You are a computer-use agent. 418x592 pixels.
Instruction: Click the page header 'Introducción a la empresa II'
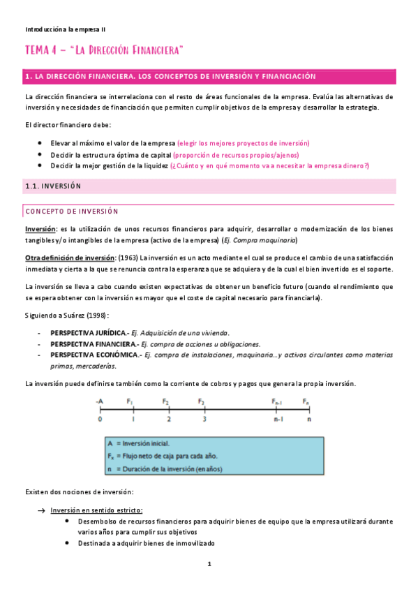[66, 29]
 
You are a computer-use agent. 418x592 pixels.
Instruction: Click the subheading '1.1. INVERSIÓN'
[53, 186]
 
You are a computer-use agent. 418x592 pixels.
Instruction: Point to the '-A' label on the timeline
[100, 401]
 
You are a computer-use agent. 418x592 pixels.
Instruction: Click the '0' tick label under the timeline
[100, 420]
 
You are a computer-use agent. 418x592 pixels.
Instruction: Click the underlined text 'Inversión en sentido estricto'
[101, 510]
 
